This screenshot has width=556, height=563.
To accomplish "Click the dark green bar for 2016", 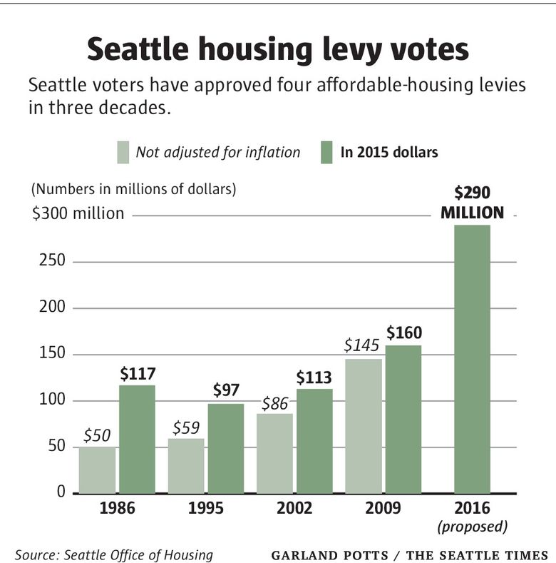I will pyautogui.click(x=471, y=359).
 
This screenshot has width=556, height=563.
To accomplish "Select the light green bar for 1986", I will pyautogui.click(x=97, y=470).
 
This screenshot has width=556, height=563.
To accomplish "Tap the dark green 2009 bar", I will pyautogui.click(x=403, y=420).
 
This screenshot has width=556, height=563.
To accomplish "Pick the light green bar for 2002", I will pyautogui.click(x=274, y=454).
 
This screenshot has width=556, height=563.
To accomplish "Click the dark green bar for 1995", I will pyautogui.click(x=225, y=448).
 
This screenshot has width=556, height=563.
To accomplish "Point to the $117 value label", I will pyautogui.click(x=137, y=373).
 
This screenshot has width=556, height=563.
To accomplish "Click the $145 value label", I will pyautogui.click(x=362, y=346).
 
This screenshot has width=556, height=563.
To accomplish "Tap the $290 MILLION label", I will pyautogui.click(x=472, y=203).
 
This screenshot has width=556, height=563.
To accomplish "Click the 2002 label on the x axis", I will pyautogui.click(x=294, y=509).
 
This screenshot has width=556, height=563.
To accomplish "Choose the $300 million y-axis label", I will pyautogui.click(x=78, y=213).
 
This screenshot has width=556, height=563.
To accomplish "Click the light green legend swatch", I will pyautogui.click(x=123, y=152).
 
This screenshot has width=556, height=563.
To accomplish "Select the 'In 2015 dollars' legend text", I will pyautogui.click(x=388, y=152).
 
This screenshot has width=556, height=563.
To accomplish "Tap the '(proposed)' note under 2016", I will pyautogui.click(x=472, y=527).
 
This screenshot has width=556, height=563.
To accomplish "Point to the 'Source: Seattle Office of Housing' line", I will pyautogui.click(x=113, y=554).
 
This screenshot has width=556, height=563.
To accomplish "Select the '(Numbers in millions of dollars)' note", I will pyautogui.click(x=133, y=190).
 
